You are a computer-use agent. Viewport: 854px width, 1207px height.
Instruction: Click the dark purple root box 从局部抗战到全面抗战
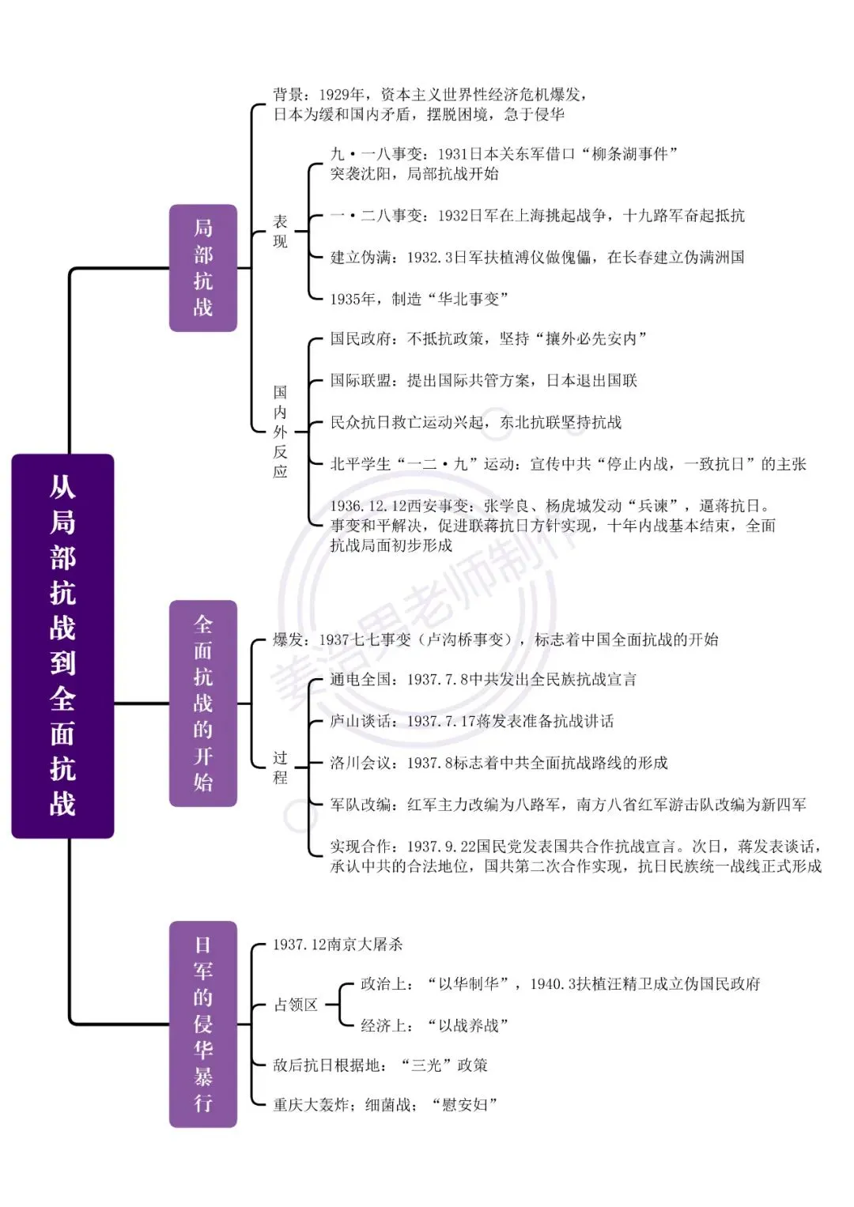tap(62, 646)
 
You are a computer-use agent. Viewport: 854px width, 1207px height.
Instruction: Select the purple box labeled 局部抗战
tap(203, 268)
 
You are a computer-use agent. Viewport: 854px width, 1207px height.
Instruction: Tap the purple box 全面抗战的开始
tap(203, 703)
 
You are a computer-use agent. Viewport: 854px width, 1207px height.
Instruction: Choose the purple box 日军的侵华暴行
tap(203, 1024)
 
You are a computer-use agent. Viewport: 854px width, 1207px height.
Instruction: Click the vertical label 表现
tap(280, 231)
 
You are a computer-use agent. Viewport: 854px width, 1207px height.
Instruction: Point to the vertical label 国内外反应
tap(280, 432)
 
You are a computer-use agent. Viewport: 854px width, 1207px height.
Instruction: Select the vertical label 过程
tap(280, 768)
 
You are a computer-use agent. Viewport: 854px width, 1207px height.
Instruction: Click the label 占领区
tap(296, 1005)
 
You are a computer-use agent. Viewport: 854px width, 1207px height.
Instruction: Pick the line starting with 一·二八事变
tap(537, 216)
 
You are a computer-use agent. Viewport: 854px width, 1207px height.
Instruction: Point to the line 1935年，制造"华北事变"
tap(419, 299)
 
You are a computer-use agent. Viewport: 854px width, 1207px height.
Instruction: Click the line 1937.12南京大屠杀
tap(338, 944)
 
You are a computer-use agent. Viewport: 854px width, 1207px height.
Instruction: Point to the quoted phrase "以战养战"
tap(467, 1025)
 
